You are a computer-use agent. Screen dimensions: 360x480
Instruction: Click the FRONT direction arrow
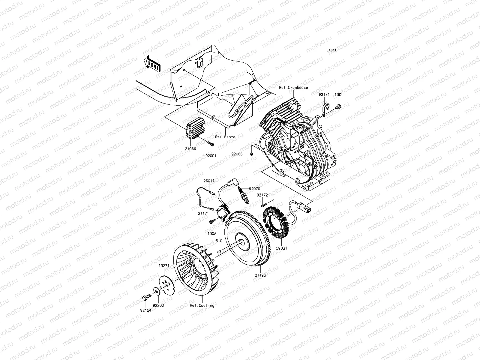153,64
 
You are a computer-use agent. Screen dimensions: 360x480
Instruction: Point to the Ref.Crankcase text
293,88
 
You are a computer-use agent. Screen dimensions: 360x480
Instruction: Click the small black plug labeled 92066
252,154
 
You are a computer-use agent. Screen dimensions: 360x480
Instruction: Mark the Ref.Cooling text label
202,305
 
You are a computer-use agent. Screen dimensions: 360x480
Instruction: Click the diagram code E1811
331,50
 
